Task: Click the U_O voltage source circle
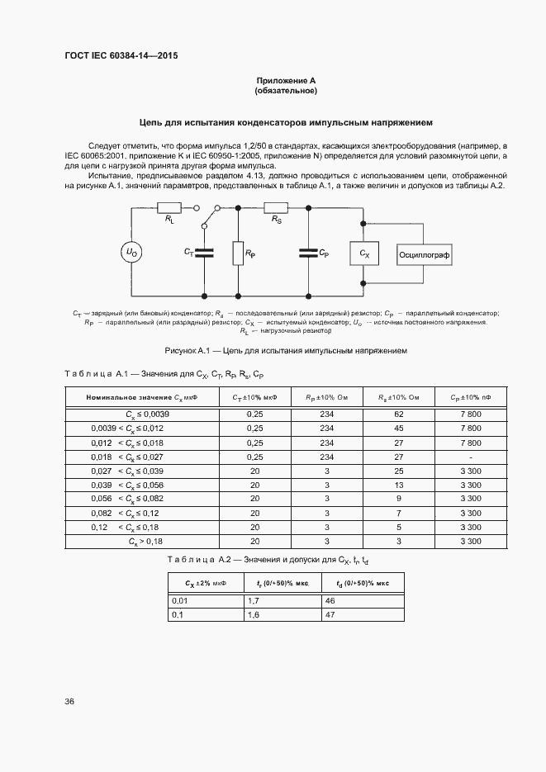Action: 131,253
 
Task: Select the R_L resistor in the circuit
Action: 169,209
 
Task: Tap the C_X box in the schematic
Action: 364,253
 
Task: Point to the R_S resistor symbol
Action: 274,209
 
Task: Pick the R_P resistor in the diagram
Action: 237,253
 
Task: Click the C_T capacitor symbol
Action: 203,253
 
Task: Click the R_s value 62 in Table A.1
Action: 398,413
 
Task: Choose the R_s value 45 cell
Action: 398,428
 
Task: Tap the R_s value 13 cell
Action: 398,485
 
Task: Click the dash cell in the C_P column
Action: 469,457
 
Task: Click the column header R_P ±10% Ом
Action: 327,397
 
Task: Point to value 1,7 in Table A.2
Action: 254,602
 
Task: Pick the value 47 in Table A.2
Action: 330,616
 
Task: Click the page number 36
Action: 69,701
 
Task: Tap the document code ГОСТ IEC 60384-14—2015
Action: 121,55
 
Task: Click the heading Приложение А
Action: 286,80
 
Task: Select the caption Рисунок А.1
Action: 286,350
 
